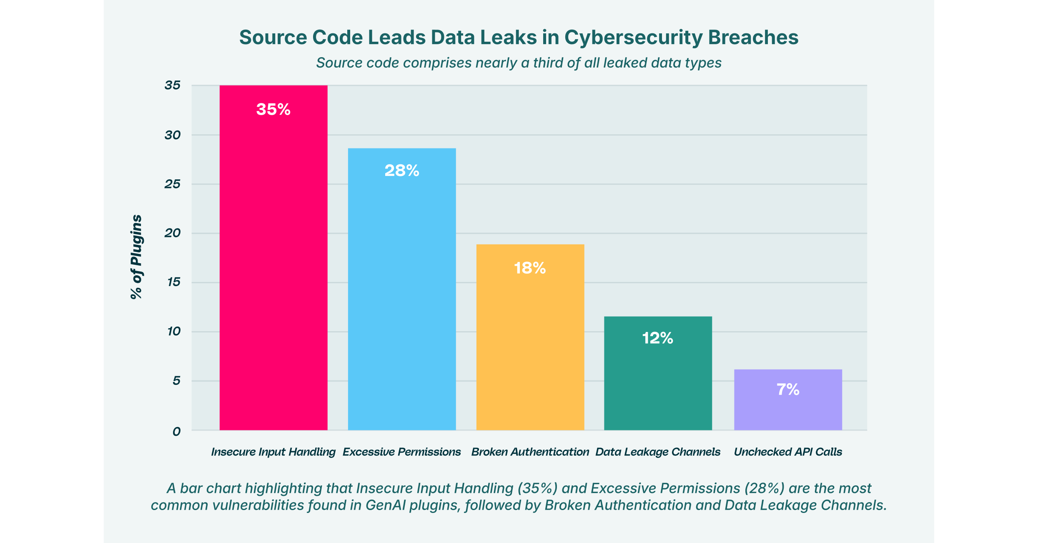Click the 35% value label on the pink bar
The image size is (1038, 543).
point(273,109)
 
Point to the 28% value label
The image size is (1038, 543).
point(402,170)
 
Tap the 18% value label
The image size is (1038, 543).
point(530,268)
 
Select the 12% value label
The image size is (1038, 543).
point(658,338)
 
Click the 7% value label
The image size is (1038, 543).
point(788,389)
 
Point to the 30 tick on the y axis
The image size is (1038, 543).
point(173,135)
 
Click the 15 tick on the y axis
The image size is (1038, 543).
point(174,282)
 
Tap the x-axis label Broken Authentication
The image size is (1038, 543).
point(530,452)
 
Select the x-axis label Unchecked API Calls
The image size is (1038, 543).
point(788,452)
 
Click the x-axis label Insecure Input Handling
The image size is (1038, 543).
point(273,452)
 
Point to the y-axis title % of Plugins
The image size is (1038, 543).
point(136,257)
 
